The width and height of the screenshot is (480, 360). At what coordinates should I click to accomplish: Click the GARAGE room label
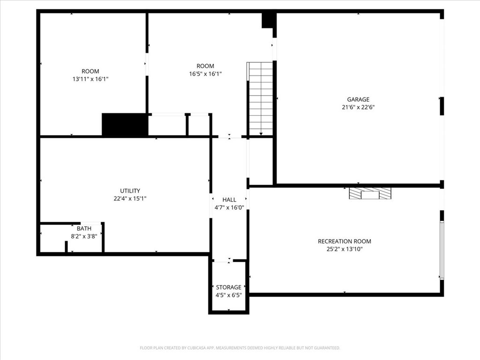click(x=358, y=99)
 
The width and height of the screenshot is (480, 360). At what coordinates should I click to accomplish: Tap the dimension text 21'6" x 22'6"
click(x=358, y=107)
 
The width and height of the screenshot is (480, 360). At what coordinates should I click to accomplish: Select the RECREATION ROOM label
click(x=345, y=241)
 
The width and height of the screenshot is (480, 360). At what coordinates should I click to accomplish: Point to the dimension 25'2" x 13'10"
click(x=345, y=249)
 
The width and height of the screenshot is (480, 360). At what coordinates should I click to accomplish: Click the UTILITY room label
click(x=130, y=191)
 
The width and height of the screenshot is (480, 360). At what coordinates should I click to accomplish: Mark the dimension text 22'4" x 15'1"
click(x=130, y=198)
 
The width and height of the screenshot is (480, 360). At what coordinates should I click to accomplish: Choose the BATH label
click(x=84, y=229)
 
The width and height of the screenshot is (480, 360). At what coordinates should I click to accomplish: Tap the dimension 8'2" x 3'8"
click(x=84, y=236)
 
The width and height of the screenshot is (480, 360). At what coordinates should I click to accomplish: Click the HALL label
click(x=229, y=200)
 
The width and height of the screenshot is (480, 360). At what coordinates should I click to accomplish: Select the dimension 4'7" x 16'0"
click(x=229, y=207)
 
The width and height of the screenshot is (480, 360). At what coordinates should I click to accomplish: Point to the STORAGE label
click(x=229, y=287)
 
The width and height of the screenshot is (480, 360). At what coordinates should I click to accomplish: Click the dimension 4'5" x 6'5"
click(x=229, y=295)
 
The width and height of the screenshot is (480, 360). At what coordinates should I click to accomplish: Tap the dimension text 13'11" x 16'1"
click(x=90, y=79)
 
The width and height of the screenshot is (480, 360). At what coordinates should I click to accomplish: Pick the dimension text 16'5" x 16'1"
click(x=205, y=74)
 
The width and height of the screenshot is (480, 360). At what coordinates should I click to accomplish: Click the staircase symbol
click(x=260, y=98)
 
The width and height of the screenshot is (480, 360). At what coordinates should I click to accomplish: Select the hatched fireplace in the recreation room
click(x=370, y=193)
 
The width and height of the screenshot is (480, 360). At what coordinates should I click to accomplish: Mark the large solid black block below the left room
click(x=125, y=125)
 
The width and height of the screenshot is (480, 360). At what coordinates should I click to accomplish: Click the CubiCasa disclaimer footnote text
click(x=240, y=348)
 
